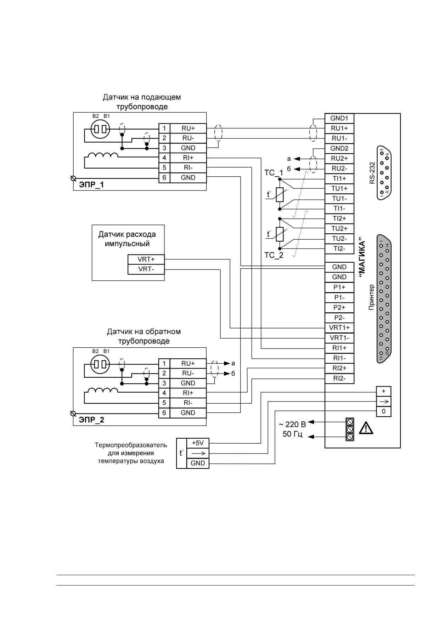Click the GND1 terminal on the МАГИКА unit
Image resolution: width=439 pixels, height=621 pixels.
(x=339, y=118)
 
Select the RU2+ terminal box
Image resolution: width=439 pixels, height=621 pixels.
(x=339, y=158)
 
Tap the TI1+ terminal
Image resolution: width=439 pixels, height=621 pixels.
(x=339, y=178)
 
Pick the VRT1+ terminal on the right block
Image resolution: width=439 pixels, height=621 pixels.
(x=339, y=328)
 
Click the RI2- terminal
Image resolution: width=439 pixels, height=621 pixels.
(x=339, y=378)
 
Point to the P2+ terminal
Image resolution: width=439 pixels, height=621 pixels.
(x=339, y=307)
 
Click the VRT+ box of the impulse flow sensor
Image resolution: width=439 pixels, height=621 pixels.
(x=146, y=259)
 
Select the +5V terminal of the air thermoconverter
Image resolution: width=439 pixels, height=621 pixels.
(x=198, y=443)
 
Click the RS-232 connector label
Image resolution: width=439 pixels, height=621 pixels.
(x=372, y=173)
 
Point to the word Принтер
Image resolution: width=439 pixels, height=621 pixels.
(x=371, y=297)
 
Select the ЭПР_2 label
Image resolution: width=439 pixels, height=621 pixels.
(x=91, y=420)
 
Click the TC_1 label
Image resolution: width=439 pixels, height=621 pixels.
(x=274, y=173)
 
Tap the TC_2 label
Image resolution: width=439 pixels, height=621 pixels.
(x=274, y=255)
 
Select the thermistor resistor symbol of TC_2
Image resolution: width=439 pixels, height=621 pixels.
(x=280, y=233)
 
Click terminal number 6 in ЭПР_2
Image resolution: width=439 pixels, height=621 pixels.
(x=164, y=413)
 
